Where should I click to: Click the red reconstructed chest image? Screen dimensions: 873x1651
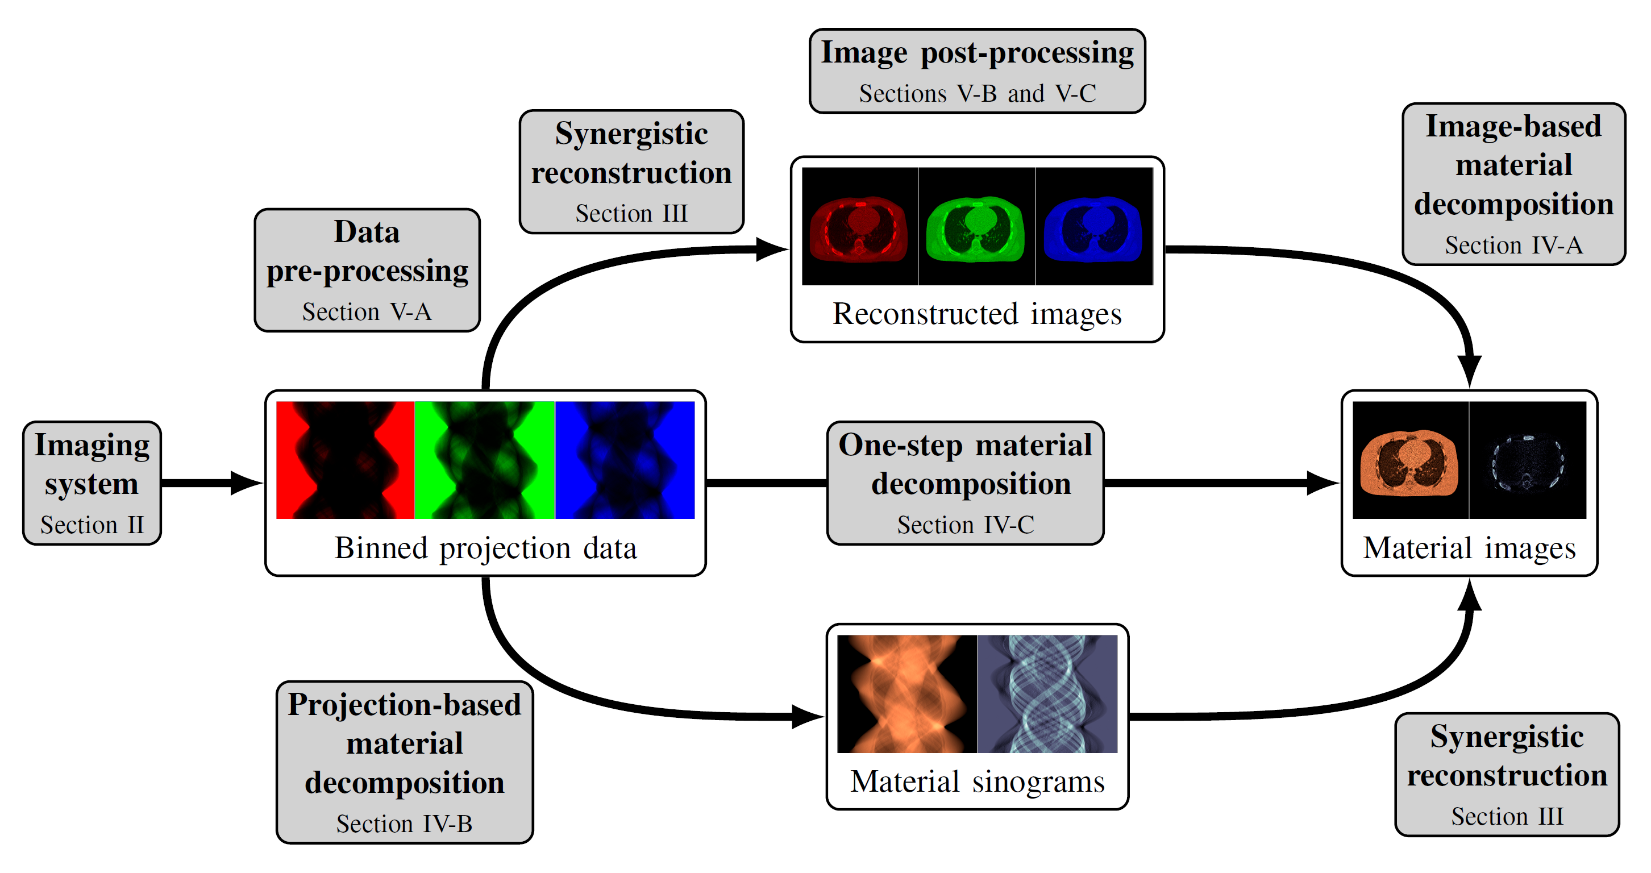pyautogui.click(x=859, y=226)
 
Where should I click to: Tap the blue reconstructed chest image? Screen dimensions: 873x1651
pyautogui.click(x=1093, y=226)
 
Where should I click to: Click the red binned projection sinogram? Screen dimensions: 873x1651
pyautogui.click(x=345, y=460)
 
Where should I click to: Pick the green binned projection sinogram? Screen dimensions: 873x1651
pyautogui.click(x=485, y=460)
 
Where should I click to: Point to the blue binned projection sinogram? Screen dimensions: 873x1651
pyautogui.click(x=625, y=460)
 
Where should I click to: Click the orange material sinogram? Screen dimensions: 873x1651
pyautogui.click(x=906, y=693)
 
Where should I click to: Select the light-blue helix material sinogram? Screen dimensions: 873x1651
pyautogui.click(x=1047, y=693)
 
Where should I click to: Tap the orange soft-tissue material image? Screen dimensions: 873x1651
pyautogui.click(x=1409, y=460)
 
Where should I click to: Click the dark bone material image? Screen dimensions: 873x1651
pyautogui.click(x=1527, y=460)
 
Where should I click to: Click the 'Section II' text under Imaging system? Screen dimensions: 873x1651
pyautogui.click(x=92, y=525)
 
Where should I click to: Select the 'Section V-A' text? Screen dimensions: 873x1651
pyautogui.click(x=367, y=311)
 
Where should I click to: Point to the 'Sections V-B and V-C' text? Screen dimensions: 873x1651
pyautogui.click(x=977, y=94)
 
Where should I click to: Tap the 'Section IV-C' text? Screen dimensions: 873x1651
pyautogui.click(x=965, y=525)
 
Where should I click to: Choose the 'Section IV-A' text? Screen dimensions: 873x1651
pyautogui.click(x=1513, y=245)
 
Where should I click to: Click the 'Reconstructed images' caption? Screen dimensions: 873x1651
pyautogui.click(x=977, y=314)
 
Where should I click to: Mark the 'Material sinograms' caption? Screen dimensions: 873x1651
pyautogui.click(x=977, y=781)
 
